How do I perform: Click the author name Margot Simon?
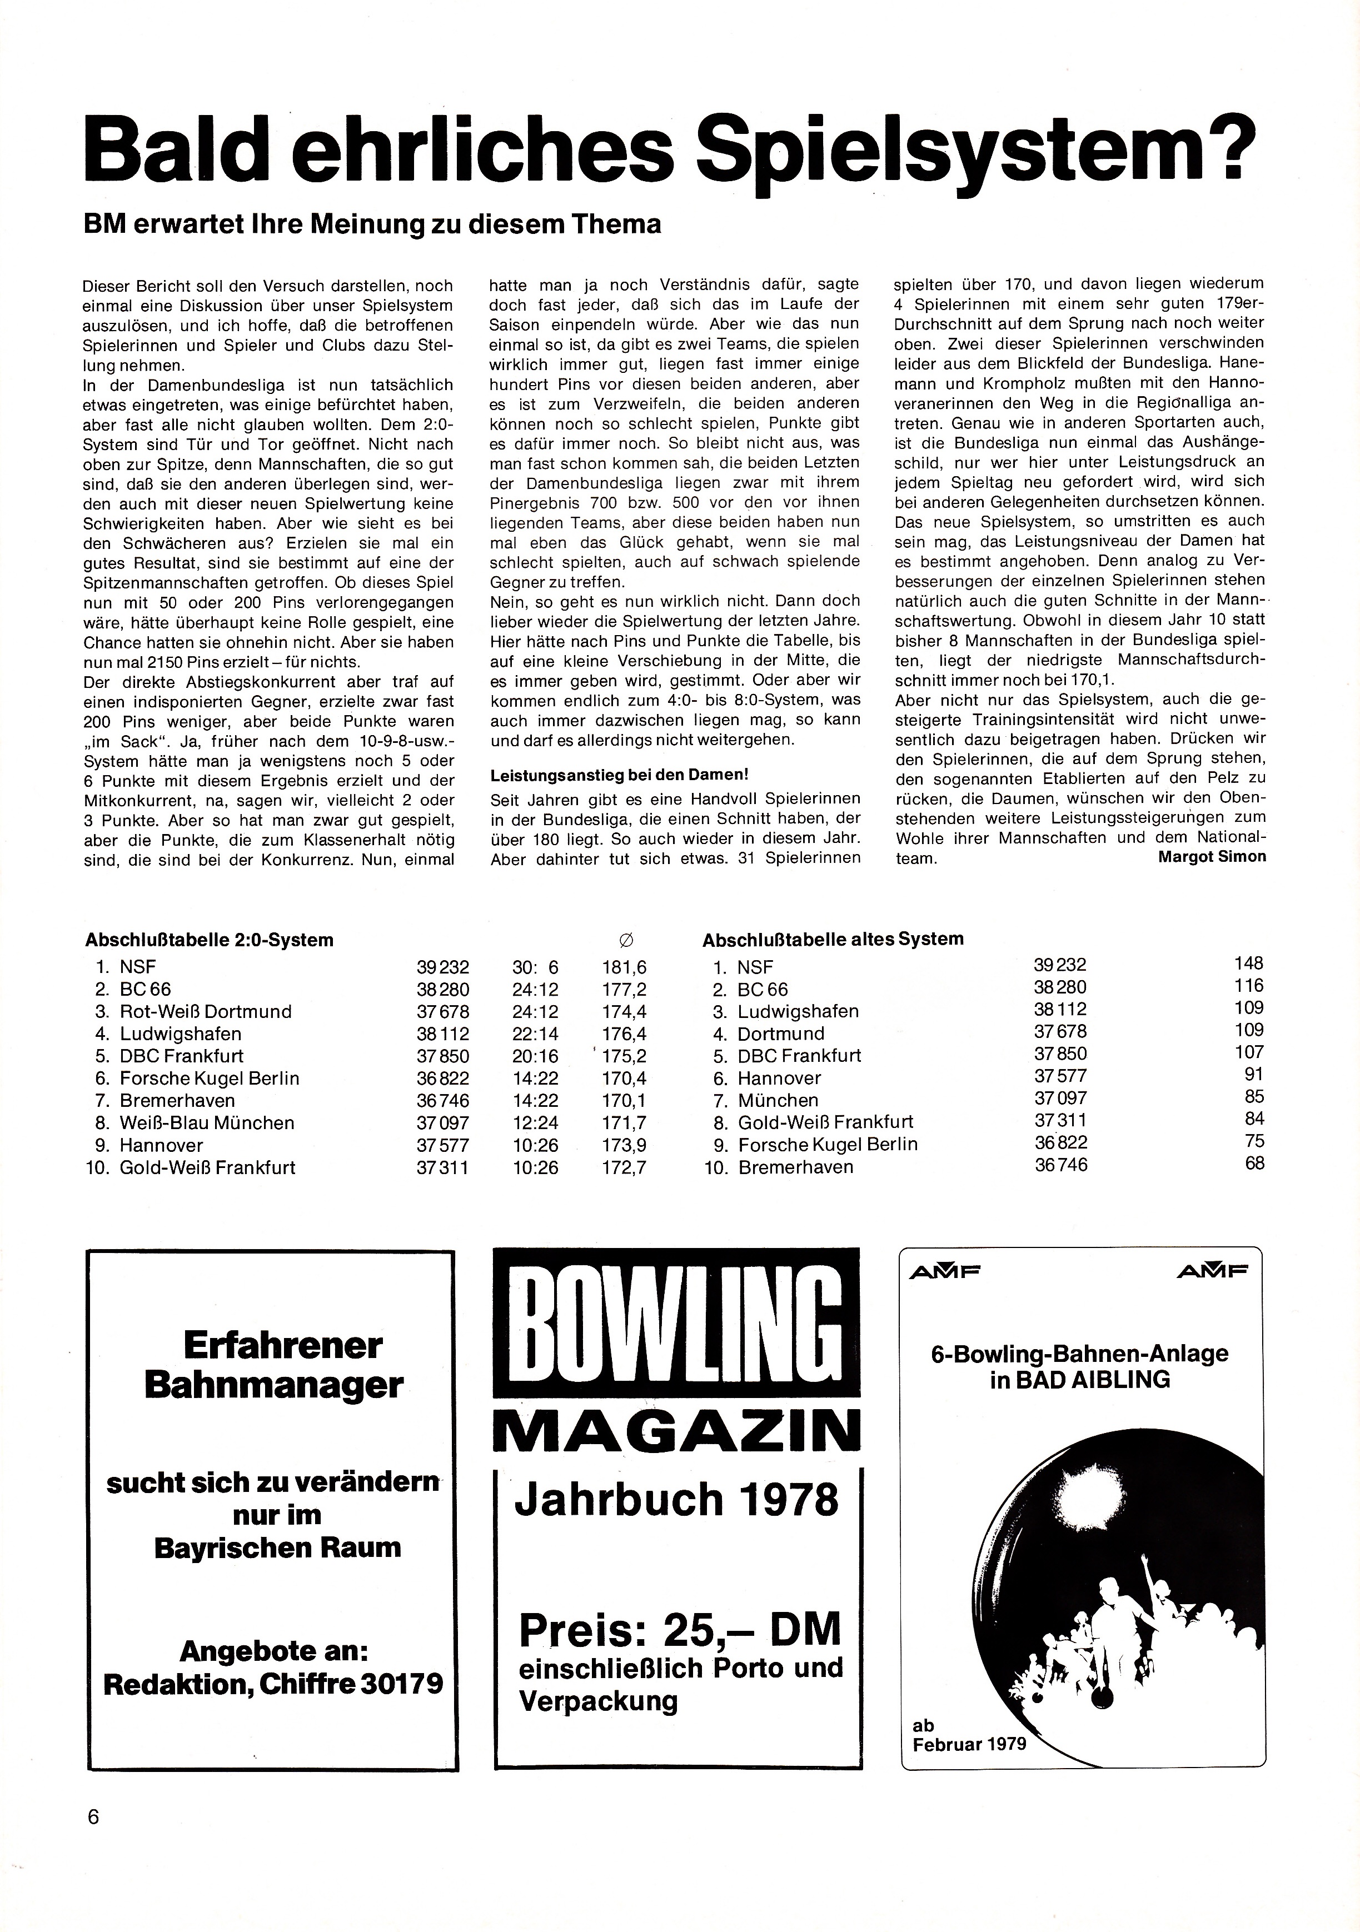pyautogui.click(x=1211, y=857)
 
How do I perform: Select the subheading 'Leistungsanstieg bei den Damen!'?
pyautogui.click(x=619, y=774)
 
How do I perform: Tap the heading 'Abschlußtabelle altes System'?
pyautogui.click(x=833, y=939)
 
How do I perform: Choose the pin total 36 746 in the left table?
pyautogui.click(x=442, y=1101)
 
